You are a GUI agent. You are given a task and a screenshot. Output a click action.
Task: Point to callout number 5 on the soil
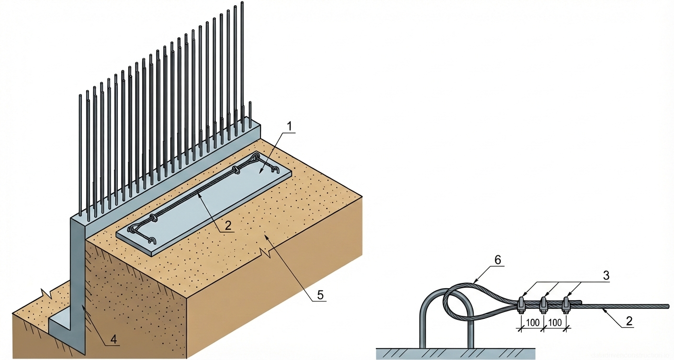click(x=320, y=295)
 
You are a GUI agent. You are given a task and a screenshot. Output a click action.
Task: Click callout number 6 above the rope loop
click(x=498, y=260)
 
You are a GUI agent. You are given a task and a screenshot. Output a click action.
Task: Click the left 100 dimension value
click(x=532, y=323)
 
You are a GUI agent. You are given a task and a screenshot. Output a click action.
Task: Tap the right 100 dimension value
click(x=555, y=323)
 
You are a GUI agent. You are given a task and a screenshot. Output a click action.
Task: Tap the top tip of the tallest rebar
click(x=242, y=3)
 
